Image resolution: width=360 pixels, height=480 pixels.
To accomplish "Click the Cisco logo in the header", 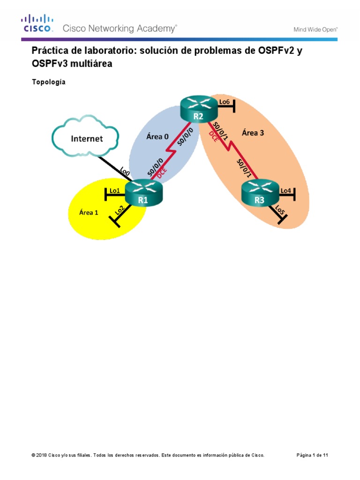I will coord(37,23).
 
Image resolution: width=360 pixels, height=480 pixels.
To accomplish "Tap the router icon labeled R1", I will coord(143,193).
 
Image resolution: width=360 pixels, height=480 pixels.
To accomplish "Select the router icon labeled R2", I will coord(199,109).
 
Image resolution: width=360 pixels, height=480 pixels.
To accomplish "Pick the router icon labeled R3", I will coord(259,193).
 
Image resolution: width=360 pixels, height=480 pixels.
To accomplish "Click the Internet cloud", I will coord(87,138).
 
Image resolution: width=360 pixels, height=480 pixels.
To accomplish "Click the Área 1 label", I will coord(89,212).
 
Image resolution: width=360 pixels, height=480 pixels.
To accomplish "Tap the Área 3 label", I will coord(253,133).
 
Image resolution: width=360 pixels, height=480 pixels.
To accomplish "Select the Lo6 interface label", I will coord(225,101).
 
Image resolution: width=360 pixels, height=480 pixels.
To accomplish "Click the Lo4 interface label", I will coord(285,190).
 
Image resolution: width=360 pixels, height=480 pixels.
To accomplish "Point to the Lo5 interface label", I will coord(280,210).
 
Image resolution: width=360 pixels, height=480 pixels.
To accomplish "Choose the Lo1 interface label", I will coord(115,191).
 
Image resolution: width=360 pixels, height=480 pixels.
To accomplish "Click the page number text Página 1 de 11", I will coord(315,455).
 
